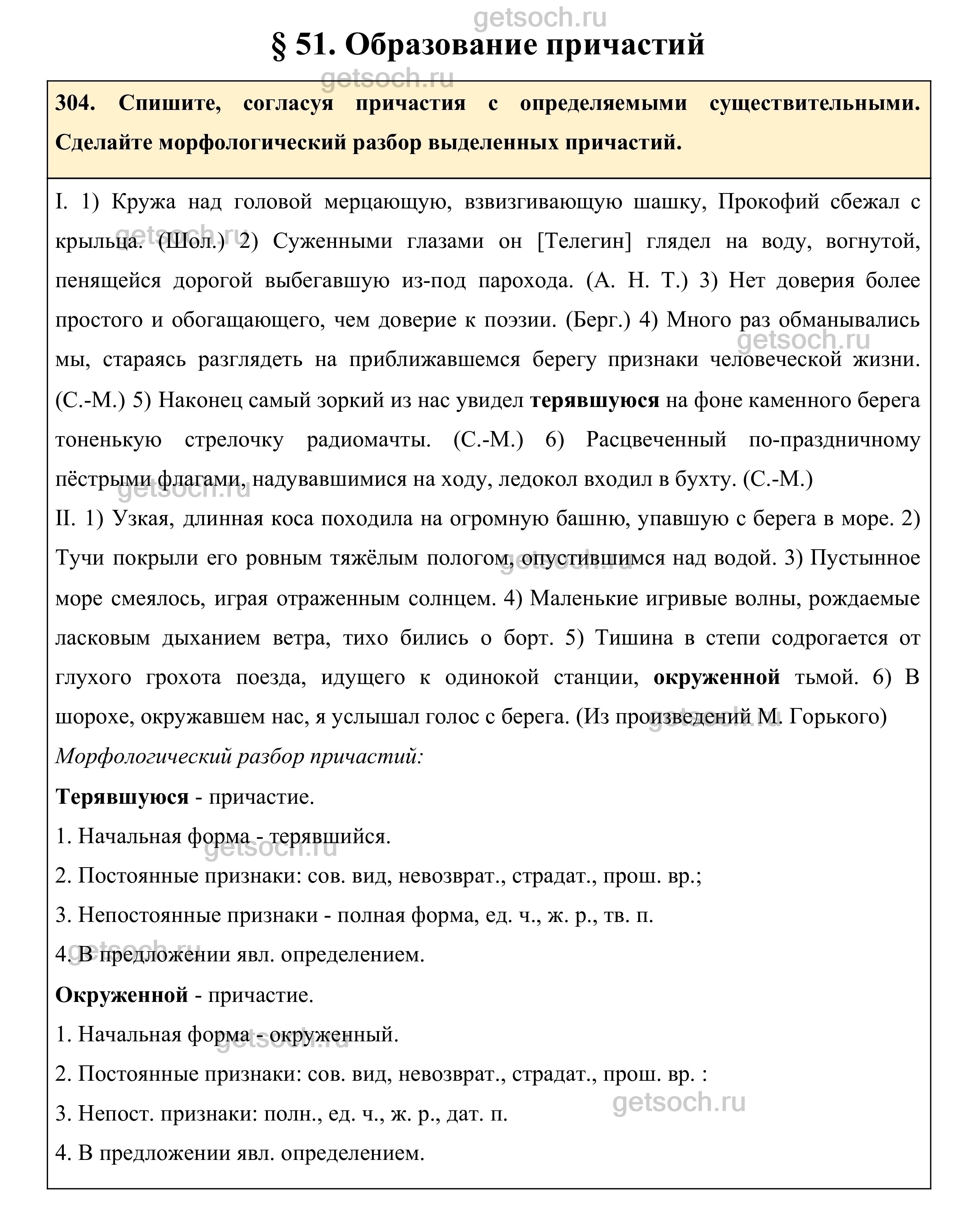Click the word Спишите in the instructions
coord(169,104)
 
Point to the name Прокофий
coord(768,202)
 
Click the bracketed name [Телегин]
coord(583,241)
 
